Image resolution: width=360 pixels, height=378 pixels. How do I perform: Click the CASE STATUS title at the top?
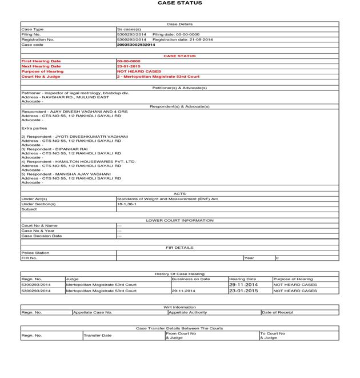[x=179, y=3]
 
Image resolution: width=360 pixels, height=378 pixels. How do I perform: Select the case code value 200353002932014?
[x=135, y=45]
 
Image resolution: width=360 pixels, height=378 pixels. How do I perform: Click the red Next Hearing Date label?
[x=41, y=66]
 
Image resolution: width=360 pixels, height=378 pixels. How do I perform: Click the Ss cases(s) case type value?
[x=129, y=29]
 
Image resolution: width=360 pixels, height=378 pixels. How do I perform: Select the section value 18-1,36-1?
[x=127, y=204]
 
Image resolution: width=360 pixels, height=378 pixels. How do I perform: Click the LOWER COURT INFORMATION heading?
[x=179, y=220]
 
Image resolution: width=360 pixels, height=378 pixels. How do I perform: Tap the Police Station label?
[x=35, y=253]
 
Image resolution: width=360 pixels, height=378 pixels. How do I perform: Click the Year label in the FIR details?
[x=249, y=258]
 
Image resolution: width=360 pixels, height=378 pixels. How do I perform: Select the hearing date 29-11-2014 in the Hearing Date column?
[x=243, y=285]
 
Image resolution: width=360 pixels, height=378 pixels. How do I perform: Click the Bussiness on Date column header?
[x=191, y=279]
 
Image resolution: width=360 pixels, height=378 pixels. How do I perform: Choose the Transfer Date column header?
[x=98, y=335]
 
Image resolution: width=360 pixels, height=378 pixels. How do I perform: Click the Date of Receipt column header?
[x=278, y=312]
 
